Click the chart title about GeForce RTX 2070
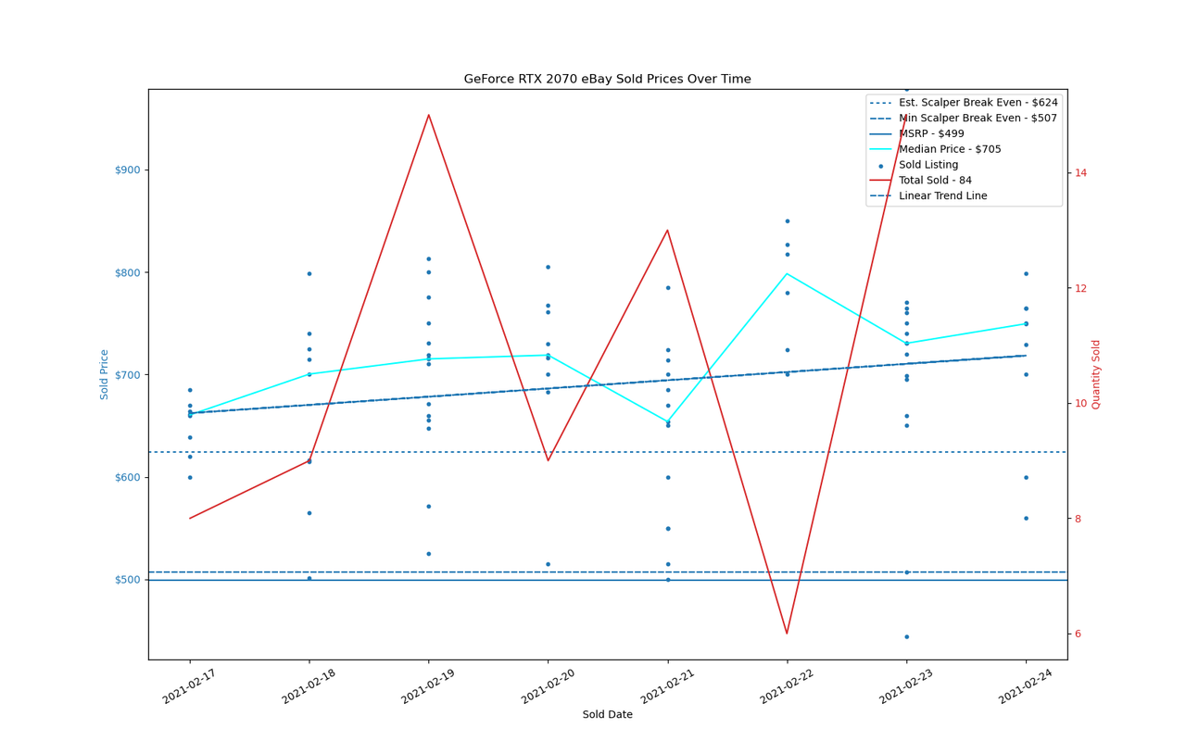tap(607, 79)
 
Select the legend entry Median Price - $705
tap(936, 149)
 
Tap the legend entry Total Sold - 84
tap(921, 181)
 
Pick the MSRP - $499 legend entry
tap(917, 134)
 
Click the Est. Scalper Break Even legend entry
tap(964, 103)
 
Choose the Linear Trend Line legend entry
tap(928, 195)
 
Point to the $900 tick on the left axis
tap(128, 170)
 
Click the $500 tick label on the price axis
tap(128, 580)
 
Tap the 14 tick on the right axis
tap(1081, 173)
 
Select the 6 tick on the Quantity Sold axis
tap(1078, 634)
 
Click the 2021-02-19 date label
tap(428, 686)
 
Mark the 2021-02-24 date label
tap(1026, 686)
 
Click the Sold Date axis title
tap(607, 714)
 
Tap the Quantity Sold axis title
tap(1095, 375)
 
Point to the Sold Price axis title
tap(104, 375)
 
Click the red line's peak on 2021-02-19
tap(429, 114)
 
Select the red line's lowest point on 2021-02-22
tap(788, 634)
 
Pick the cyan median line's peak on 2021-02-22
tap(788, 273)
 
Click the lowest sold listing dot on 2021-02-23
tap(907, 637)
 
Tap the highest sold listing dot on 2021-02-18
tap(309, 274)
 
